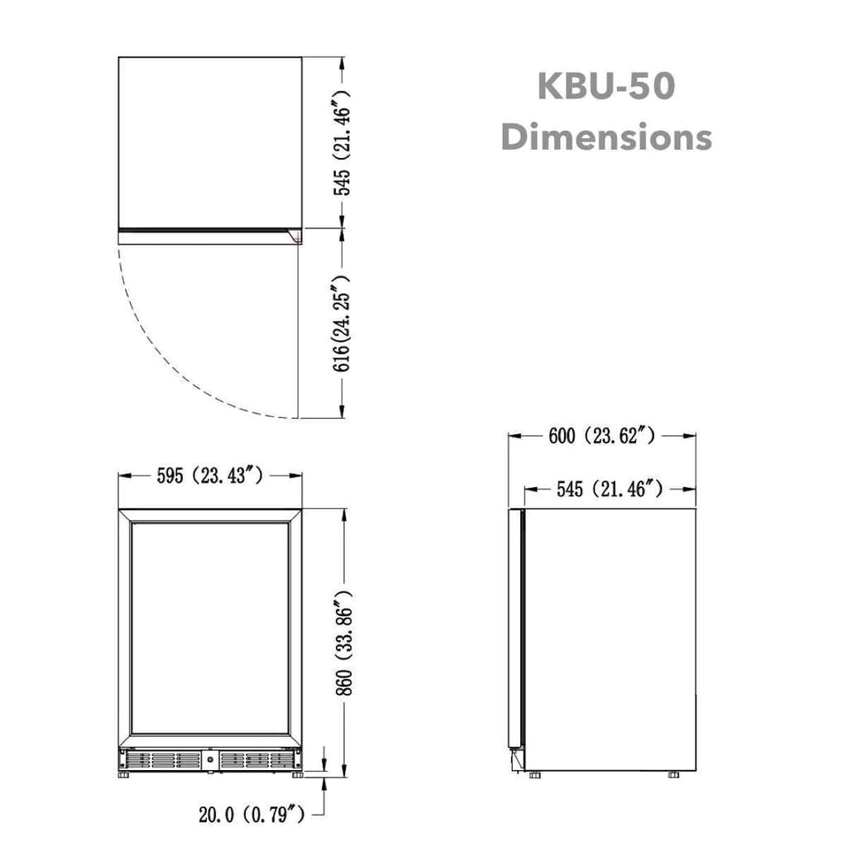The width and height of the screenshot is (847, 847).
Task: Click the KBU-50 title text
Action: click(x=606, y=87)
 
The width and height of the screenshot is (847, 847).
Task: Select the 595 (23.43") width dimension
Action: click(x=210, y=476)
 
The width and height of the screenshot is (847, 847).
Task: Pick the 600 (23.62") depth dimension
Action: click(x=601, y=436)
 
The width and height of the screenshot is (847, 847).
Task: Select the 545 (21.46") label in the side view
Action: click(x=609, y=490)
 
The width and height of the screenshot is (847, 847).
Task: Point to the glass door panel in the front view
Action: click(x=210, y=629)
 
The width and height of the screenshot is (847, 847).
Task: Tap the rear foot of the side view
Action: click(x=673, y=775)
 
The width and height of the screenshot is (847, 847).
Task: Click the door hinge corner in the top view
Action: click(x=295, y=236)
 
